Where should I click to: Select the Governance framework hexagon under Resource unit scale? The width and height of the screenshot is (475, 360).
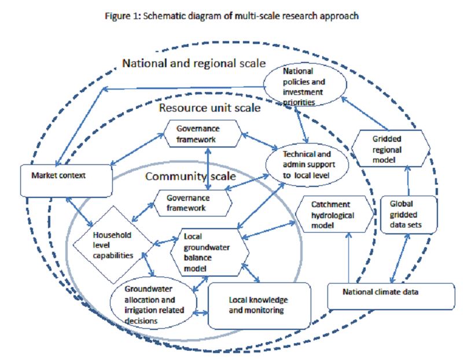pyautogui.click(x=200, y=133)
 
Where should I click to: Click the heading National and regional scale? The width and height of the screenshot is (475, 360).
pyautogui.click(x=194, y=62)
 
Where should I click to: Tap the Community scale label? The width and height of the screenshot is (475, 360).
pyautogui.click(x=190, y=177)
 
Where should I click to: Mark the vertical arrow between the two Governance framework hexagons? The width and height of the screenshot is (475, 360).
pyautogui.click(x=209, y=168)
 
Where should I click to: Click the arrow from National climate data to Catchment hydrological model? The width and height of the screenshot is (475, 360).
pyautogui.click(x=348, y=258)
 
